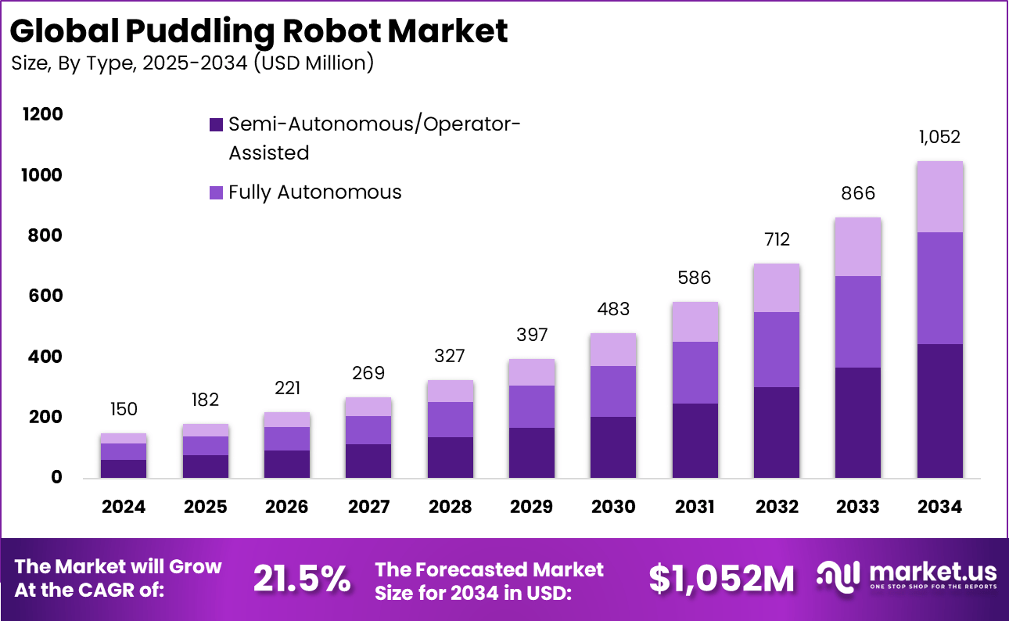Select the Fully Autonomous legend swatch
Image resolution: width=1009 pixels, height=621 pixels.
point(216,192)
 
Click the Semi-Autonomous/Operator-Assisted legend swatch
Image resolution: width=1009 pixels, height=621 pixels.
point(216,124)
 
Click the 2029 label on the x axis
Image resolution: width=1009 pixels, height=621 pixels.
point(531,507)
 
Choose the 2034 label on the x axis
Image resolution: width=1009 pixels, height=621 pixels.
point(939,507)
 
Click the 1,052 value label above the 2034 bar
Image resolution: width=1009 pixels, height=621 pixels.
point(939,138)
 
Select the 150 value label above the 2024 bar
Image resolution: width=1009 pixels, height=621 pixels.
point(124,409)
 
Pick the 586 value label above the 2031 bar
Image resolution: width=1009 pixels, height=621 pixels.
point(695,278)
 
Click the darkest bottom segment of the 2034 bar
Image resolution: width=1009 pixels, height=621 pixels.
point(939,411)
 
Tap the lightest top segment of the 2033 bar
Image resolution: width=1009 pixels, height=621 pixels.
point(857,246)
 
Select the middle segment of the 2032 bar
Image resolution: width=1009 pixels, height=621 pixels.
point(776,349)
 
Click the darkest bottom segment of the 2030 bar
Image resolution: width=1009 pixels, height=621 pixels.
point(613,447)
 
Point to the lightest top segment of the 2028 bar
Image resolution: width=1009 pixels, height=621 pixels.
point(450,391)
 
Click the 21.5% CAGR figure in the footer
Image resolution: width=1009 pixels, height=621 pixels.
point(302,579)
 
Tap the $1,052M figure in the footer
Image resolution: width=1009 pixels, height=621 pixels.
point(721,579)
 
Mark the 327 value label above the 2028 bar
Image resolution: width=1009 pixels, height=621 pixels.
point(450,356)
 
